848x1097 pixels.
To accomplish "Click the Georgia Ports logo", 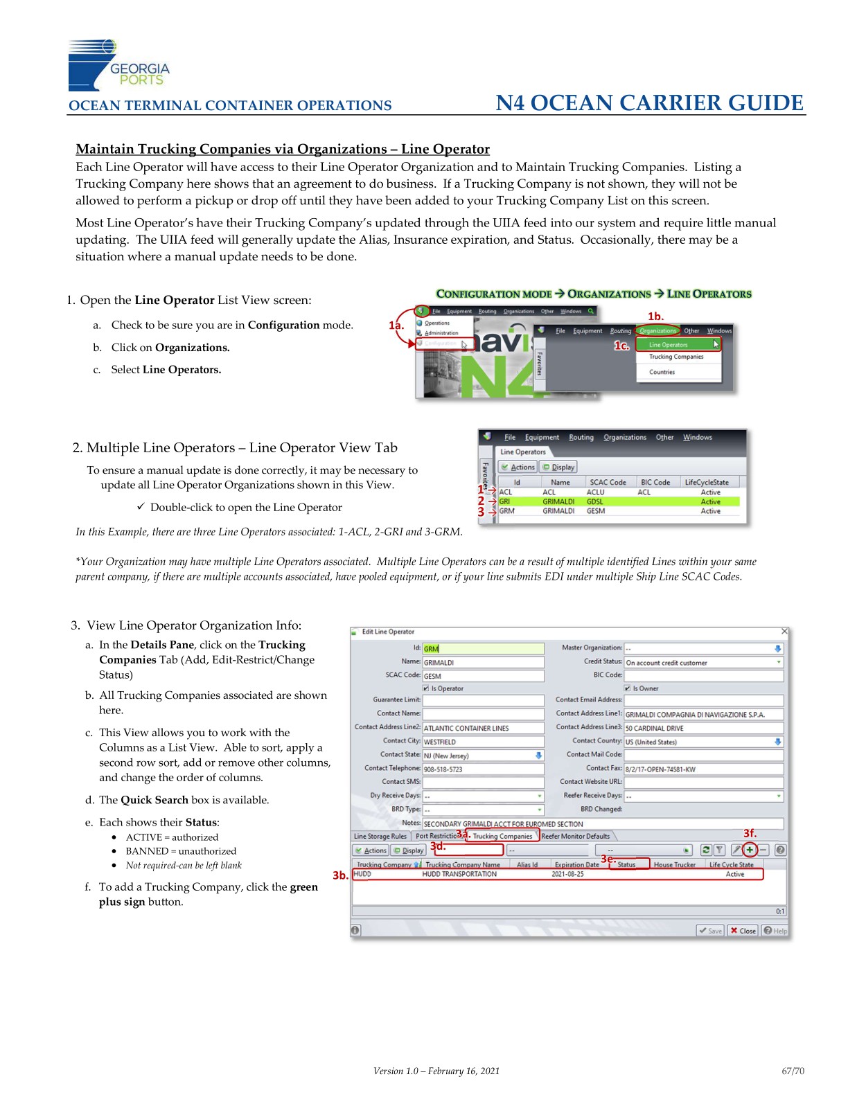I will point(118,66).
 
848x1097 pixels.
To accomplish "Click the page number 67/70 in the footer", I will point(793,1071).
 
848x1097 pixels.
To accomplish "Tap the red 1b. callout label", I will point(655,316).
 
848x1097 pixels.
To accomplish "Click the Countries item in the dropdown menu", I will point(662,372).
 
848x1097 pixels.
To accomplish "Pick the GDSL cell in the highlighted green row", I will point(594,501).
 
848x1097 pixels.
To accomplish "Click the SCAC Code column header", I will point(608,482).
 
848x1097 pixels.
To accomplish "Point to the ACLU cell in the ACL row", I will point(595,492).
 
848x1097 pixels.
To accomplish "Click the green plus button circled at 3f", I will point(750,850).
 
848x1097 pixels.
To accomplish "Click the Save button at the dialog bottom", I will point(711,930).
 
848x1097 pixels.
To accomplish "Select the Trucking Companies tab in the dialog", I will point(502,836).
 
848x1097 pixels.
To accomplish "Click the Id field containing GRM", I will point(483,648).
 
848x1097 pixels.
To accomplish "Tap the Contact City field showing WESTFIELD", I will point(483,741).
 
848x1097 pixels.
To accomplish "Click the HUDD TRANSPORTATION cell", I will point(459,874).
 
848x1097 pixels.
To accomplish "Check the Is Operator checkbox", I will point(426,688).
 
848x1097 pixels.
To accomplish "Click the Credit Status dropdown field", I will point(703,662).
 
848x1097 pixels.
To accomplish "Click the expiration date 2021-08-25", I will point(567,874).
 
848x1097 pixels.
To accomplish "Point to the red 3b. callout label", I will point(340,875).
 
